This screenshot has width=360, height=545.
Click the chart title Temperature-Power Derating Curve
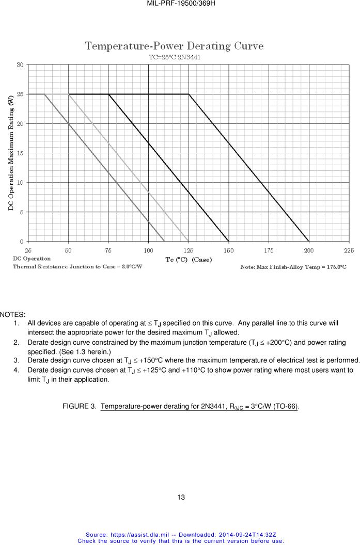pyautogui.click(x=174, y=46)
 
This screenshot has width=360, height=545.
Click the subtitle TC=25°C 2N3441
pyautogui.click(x=174, y=57)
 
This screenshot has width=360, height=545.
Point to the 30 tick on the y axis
pyautogui.click(x=20, y=65)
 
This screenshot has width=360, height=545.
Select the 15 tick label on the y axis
pyautogui.click(x=20, y=153)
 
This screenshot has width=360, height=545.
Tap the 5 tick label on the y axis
pyautogui.click(x=21, y=212)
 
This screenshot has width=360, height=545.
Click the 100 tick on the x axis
pyautogui.click(x=148, y=250)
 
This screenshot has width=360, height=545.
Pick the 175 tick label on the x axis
pyautogui.click(x=269, y=250)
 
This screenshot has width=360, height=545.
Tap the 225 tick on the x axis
pyautogui.click(x=349, y=250)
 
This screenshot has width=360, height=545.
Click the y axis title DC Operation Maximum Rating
pyautogui.click(x=11, y=153)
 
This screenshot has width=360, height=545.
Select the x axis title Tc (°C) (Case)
pyautogui.click(x=189, y=260)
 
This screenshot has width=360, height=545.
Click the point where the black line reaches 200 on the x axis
pyautogui.click(x=309, y=242)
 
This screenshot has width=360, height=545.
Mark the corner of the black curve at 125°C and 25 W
pyautogui.click(x=189, y=94)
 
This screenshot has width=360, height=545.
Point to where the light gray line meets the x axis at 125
pyautogui.click(x=189, y=242)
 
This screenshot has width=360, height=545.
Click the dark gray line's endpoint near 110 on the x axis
pyautogui.click(x=164, y=242)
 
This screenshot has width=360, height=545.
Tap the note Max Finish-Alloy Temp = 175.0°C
pyautogui.click(x=293, y=267)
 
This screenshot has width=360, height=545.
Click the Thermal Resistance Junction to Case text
pyautogui.click(x=77, y=266)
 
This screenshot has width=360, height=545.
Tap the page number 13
pyautogui.click(x=181, y=498)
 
